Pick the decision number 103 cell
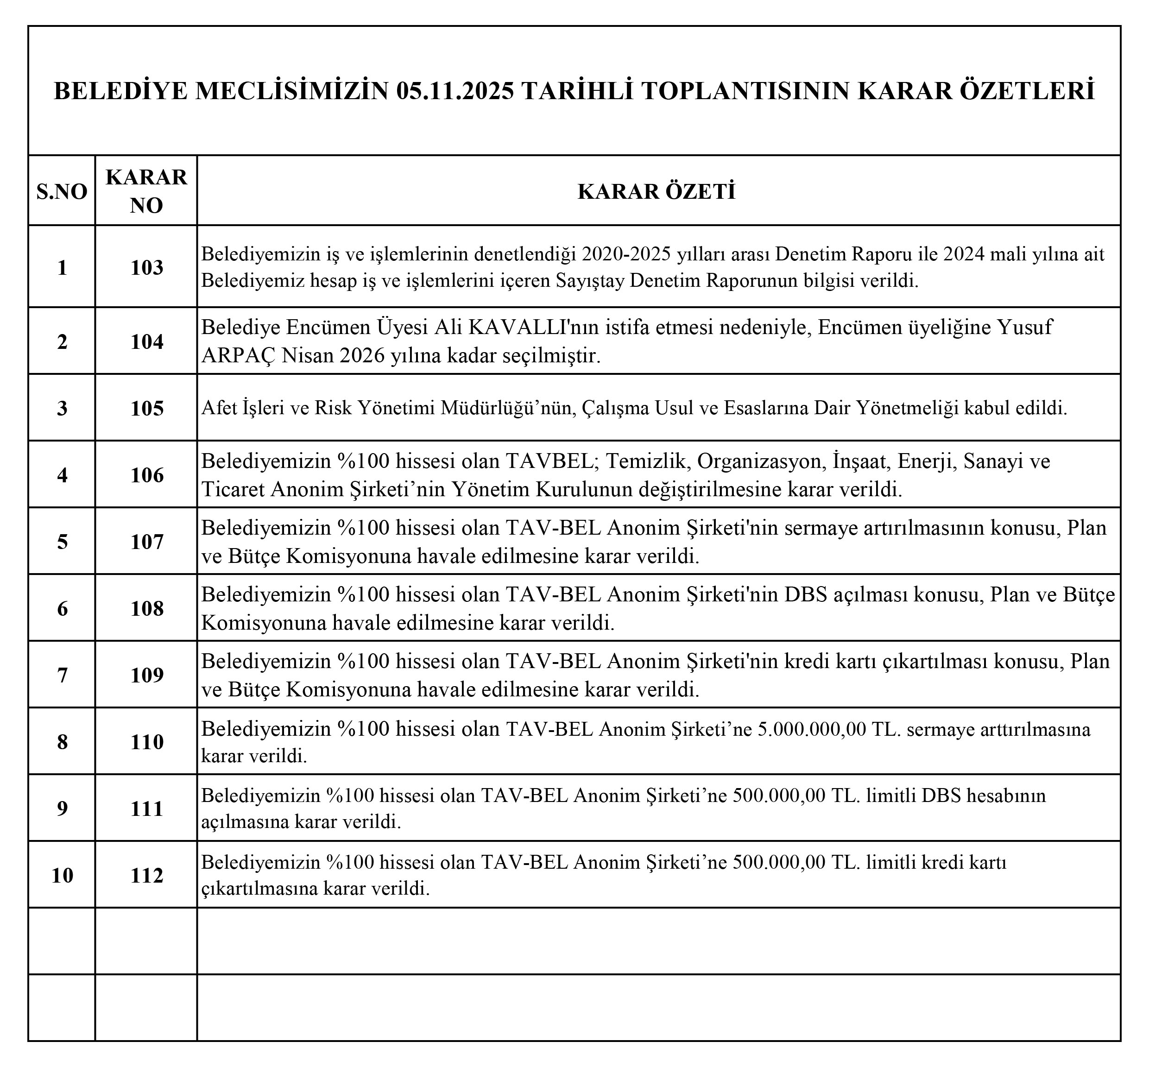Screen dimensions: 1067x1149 pyautogui.click(x=147, y=268)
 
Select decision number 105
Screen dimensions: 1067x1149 pyautogui.click(x=147, y=409)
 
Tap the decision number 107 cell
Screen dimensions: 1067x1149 pyautogui.click(x=147, y=542)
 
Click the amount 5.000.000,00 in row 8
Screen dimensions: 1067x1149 pyautogui.click(x=812, y=730)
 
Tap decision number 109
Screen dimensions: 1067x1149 pyautogui.click(x=147, y=676)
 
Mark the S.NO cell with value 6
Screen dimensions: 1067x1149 pyautogui.click(x=62, y=609)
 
